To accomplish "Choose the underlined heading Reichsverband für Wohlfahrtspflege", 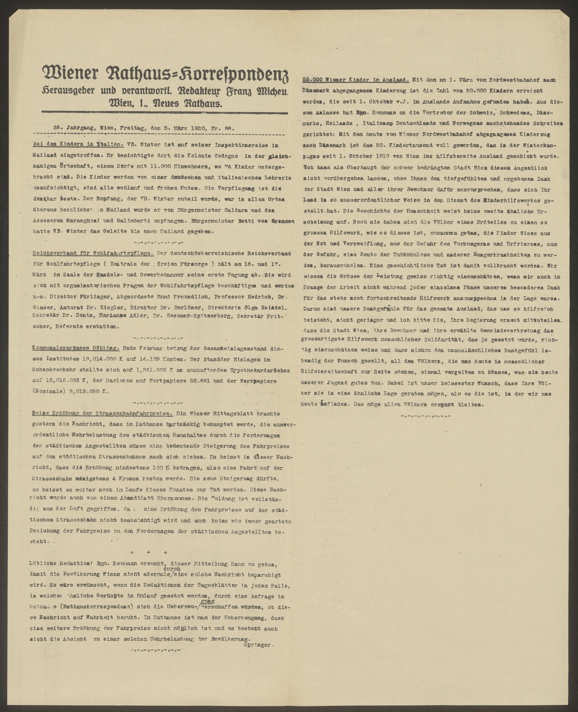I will pos(93,253).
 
